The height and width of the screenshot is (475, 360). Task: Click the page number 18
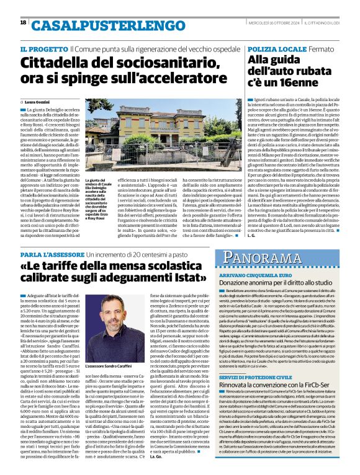pos(23,22)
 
